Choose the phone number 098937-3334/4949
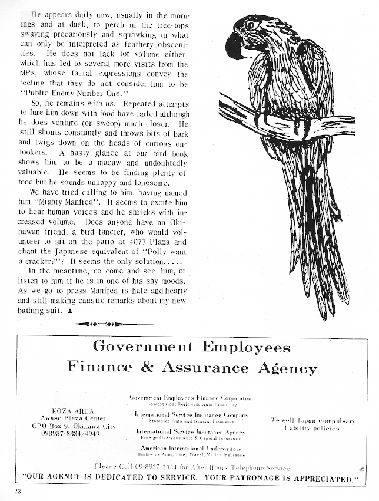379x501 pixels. click(x=70, y=434)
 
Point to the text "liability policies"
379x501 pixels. click(x=312, y=429)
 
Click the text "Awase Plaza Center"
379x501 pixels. click(x=70, y=417)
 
